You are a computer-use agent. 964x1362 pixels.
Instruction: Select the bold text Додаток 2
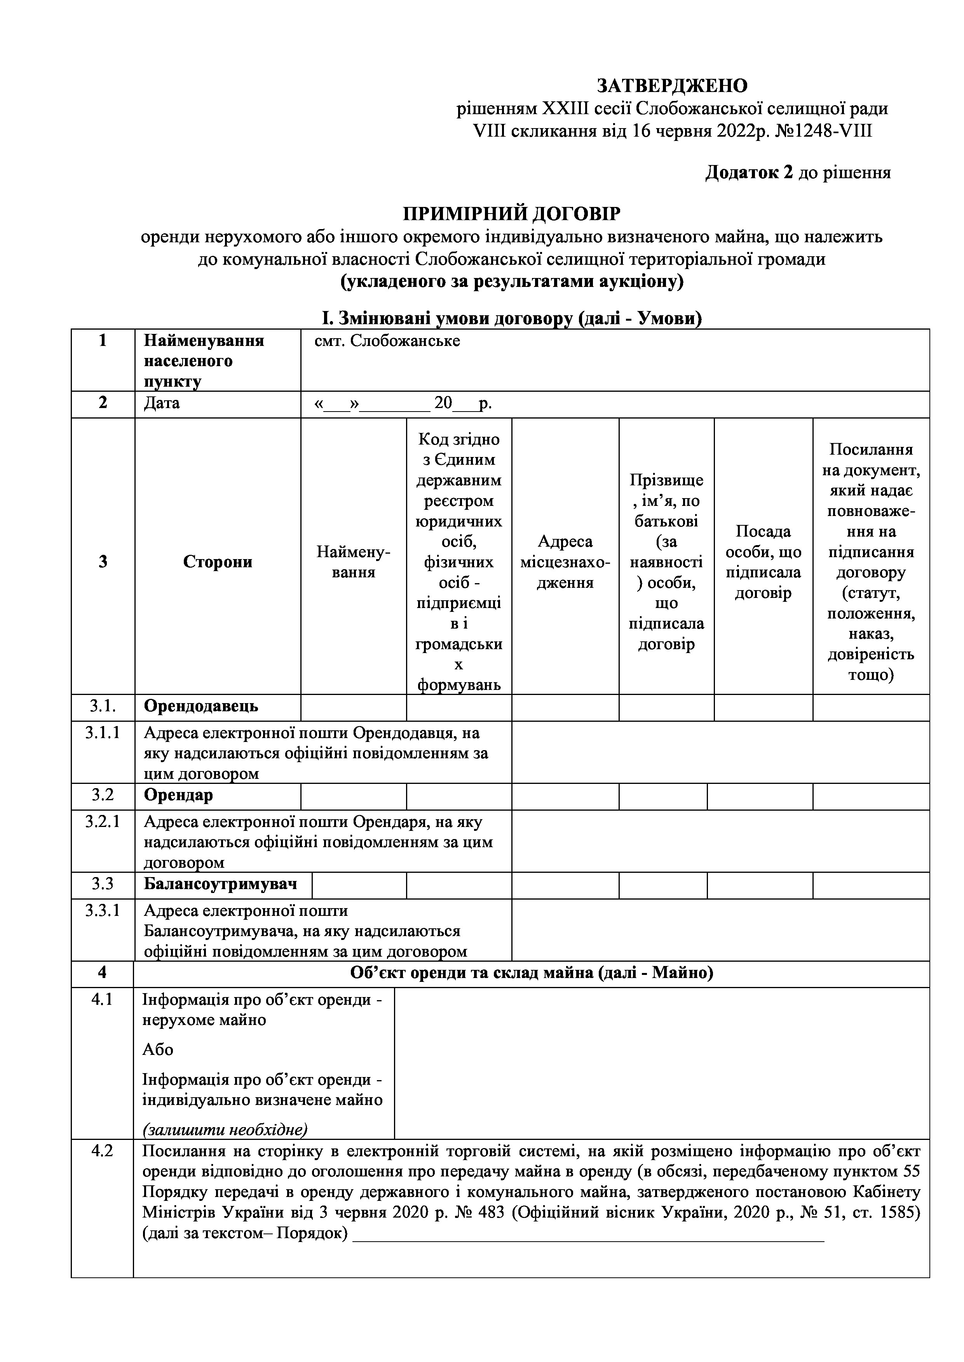point(749,173)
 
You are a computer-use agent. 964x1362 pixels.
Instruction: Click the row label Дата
point(162,403)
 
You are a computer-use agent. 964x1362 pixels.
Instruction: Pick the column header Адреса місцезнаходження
point(565,562)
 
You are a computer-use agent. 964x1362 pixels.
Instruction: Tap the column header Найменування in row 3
point(353,562)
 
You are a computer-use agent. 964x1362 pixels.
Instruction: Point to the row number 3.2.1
point(103,822)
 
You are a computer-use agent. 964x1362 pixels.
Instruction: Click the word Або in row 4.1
point(157,1050)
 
